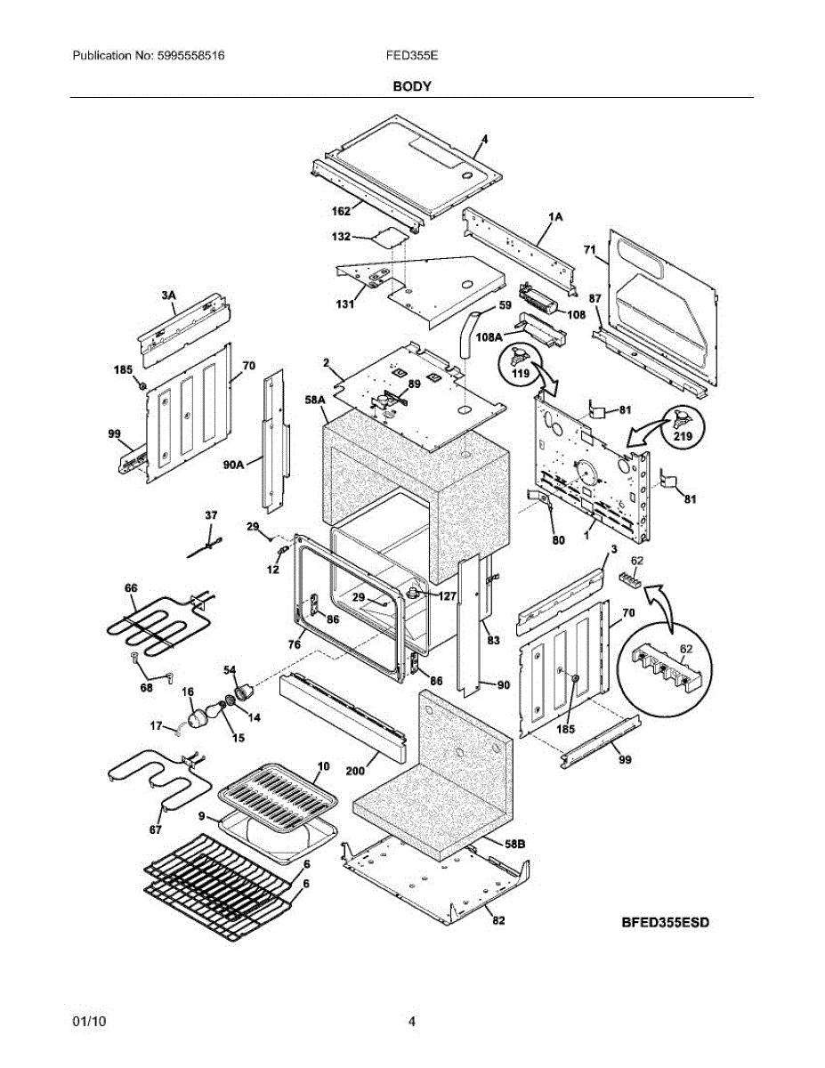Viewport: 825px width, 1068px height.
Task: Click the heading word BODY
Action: point(412,86)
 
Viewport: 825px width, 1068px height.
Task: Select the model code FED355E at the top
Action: point(411,55)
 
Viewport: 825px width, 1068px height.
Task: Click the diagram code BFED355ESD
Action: point(665,922)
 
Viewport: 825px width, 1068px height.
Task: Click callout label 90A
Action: point(234,463)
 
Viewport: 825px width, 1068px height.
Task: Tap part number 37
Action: point(211,517)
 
